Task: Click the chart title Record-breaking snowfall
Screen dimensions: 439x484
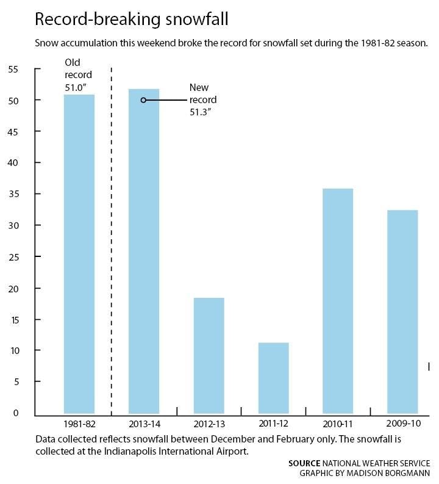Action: tap(132, 20)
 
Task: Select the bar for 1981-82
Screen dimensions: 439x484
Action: tap(79, 254)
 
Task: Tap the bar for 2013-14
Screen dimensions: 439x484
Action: tap(144, 251)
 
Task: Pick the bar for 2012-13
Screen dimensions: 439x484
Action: tap(209, 356)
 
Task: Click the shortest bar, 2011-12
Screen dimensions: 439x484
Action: tap(273, 378)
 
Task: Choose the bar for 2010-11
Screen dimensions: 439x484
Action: tap(338, 301)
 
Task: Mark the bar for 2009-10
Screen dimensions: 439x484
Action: tap(402, 312)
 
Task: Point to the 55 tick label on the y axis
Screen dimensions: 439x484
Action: tap(13, 69)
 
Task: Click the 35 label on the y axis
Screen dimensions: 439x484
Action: tap(13, 194)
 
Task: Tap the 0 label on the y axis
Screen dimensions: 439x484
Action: tap(16, 413)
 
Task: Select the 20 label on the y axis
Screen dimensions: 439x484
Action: tap(13, 289)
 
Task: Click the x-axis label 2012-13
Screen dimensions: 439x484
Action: tap(209, 424)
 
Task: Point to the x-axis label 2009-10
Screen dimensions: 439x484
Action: tap(403, 424)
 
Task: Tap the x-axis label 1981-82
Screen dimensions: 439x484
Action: tap(79, 424)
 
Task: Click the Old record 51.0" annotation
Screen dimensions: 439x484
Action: tap(78, 75)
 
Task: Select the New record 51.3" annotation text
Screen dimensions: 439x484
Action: tap(203, 99)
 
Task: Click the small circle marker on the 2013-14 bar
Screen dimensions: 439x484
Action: tap(143, 100)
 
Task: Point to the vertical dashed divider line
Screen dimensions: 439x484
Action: tap(112, 242)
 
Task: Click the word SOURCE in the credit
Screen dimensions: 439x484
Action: tap(304, 463)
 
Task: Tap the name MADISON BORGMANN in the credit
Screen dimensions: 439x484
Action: tap(388, 473)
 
